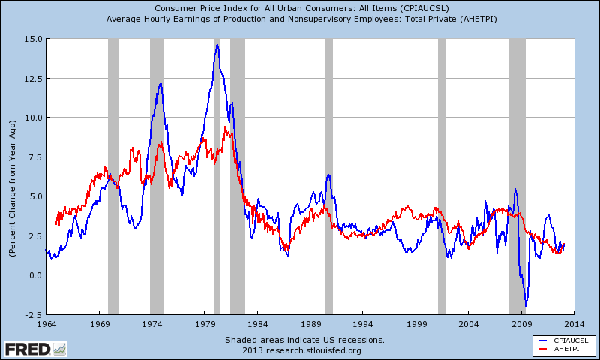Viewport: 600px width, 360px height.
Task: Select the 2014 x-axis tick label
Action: pos(574,324)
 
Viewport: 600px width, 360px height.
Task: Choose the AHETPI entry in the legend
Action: pos(567,349)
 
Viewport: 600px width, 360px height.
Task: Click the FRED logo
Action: pos(34,348)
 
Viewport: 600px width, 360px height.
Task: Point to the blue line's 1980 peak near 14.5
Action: pos(217,45)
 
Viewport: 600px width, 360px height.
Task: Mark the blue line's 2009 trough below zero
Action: pos(526,305)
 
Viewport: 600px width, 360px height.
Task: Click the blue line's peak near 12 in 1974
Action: pos(160,83)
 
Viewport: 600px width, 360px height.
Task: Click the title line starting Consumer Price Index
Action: pos(300,8)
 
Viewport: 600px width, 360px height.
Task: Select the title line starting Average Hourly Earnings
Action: pos(300,18)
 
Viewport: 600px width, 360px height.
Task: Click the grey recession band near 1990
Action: pos(328,176)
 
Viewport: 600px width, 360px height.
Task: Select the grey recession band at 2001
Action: pos(442,176)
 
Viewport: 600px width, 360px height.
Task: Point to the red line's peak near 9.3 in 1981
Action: pos(226,127)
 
